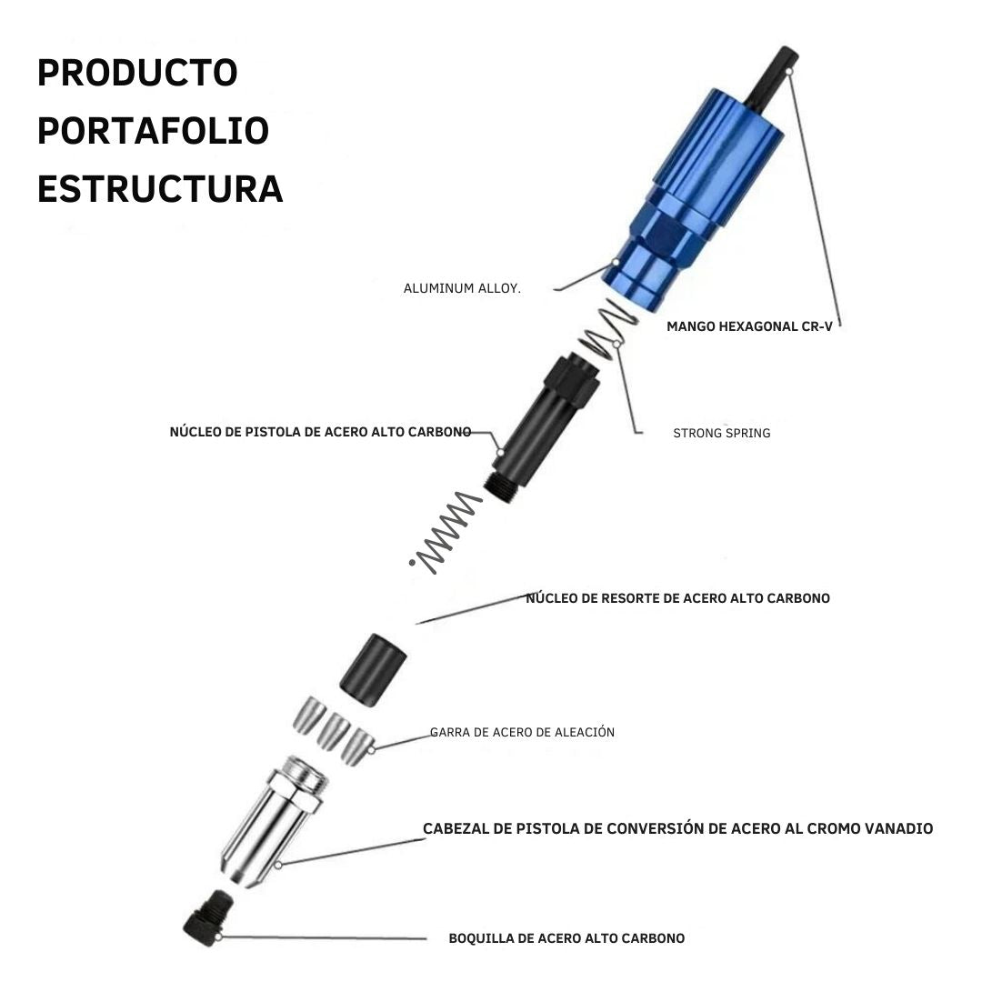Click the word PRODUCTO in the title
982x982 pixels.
pyautogui.click(x=138, y=73)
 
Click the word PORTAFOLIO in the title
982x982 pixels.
pyautogui.click(x=154, y=131)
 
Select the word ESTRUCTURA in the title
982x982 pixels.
pyautogui.click(x=160, y=189)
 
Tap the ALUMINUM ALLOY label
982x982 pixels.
pyautogui.click(x=462, y=289)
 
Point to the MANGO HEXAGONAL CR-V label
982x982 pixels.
pyautogui.click(x=749, y=326)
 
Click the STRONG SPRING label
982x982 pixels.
pyautogui.click(x=721, y=433)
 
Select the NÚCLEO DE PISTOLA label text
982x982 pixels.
pyautogui.click(x=320, y=432)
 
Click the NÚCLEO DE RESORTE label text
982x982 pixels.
pyautogui.click(x=677, y=598)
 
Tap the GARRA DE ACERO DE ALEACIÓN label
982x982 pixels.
pyautogui.click(x=522, y=732)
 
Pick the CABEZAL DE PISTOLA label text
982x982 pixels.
pyautogui.click(x=677, y=828)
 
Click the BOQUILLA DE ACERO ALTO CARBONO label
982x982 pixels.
pyautogui.click(x=566, y=938)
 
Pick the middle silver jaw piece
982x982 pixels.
pyautogui.click(x=333, y=730)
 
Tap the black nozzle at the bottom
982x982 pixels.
pyautogui.click(x=208, y=917)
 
